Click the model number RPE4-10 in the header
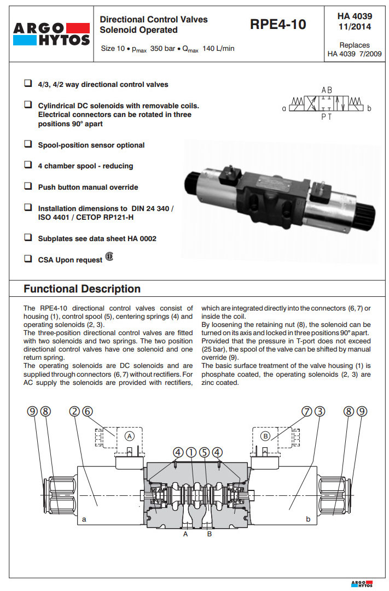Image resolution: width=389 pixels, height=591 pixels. [x=277, y=25]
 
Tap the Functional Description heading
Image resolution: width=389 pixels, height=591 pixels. [x=82, y=289]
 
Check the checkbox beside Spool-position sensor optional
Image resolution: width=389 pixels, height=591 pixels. [x=27, y=144]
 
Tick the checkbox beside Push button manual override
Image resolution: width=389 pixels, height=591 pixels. [x=27, y=186]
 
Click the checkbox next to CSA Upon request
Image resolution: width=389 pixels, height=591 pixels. [x=27, y=259]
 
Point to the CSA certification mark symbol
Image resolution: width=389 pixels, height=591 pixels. [x=109, y=257]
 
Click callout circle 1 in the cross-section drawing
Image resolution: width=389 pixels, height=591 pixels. [x=191, y=452]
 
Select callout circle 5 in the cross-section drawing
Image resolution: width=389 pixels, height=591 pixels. [x=204, y=452]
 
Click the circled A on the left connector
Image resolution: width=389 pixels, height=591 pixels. [x=129, y=436]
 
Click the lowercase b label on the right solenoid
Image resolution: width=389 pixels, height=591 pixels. [x=308, y=519]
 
